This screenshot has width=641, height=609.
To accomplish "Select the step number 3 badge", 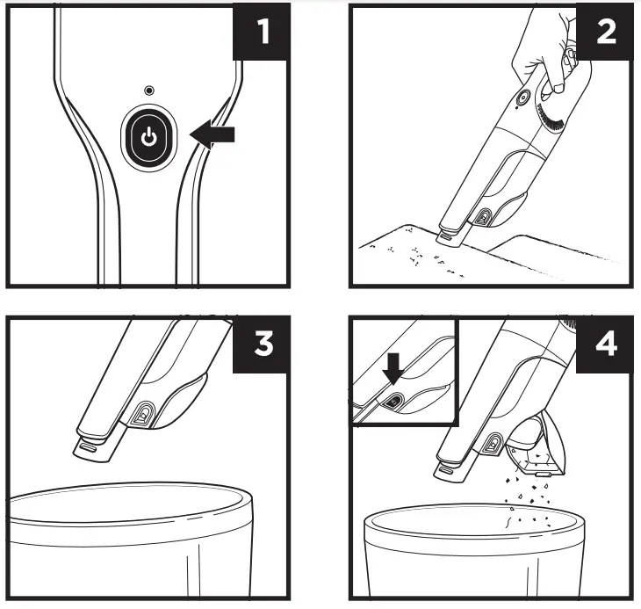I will pyautogui.click(x=260, y=343).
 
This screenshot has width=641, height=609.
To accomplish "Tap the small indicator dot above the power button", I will pyautogui.click(x=149, y=91).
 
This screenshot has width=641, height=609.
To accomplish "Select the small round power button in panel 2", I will pyautogui.click(x=519, y=99).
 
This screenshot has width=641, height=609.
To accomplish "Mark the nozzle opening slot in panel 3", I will pyautogui.click(x=84, y=446).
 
